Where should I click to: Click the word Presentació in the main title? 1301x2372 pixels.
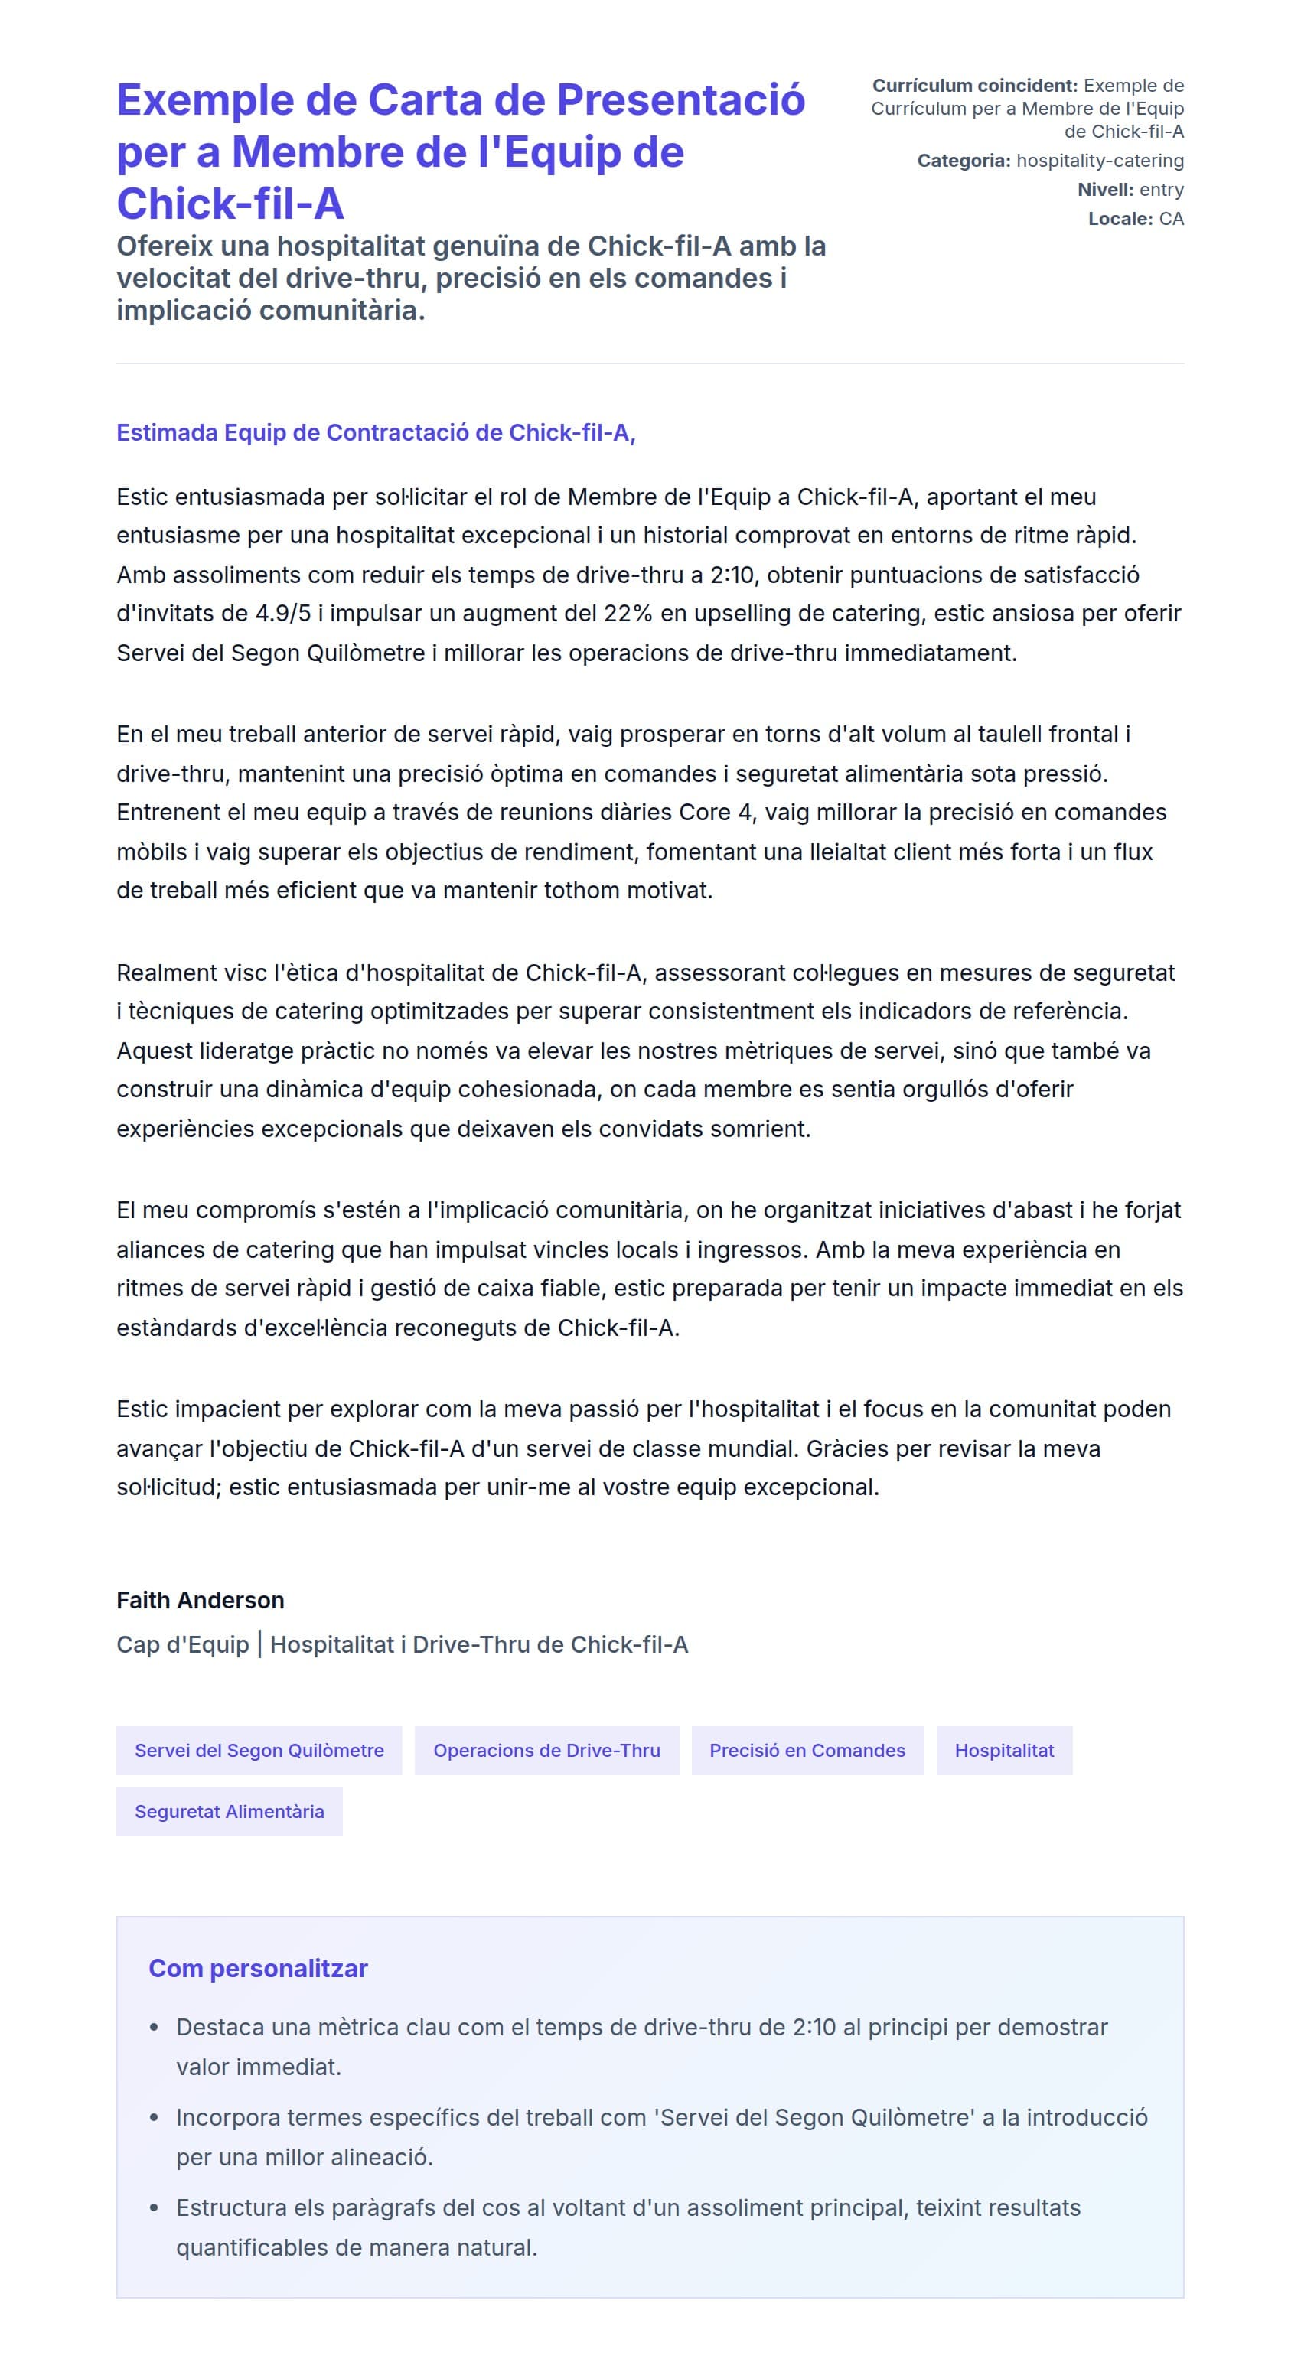(x=680, y=100)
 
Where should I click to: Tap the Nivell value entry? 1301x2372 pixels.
(x=1161, y=190)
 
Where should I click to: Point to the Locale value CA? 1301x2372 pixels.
(x=1171, y=219)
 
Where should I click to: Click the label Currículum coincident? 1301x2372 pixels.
(x=974, y=86)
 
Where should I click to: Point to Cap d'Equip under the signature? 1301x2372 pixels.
(x=182, y=1644)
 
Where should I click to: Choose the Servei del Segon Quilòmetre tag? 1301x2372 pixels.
(x=259, y=1751)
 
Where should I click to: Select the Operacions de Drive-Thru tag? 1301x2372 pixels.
(x=547, y=1751)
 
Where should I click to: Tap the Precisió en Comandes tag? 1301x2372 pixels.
(x=807, y=1751)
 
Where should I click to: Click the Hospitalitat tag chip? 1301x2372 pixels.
(x=1003, y=1751)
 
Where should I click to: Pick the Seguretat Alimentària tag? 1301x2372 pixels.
(x=230, y=1811)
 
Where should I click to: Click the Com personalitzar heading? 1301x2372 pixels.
(x=258, y=1969)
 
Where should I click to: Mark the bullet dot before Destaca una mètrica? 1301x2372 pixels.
(x=155, y=2028)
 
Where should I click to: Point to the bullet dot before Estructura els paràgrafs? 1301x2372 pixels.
(x=155, y=2208)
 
